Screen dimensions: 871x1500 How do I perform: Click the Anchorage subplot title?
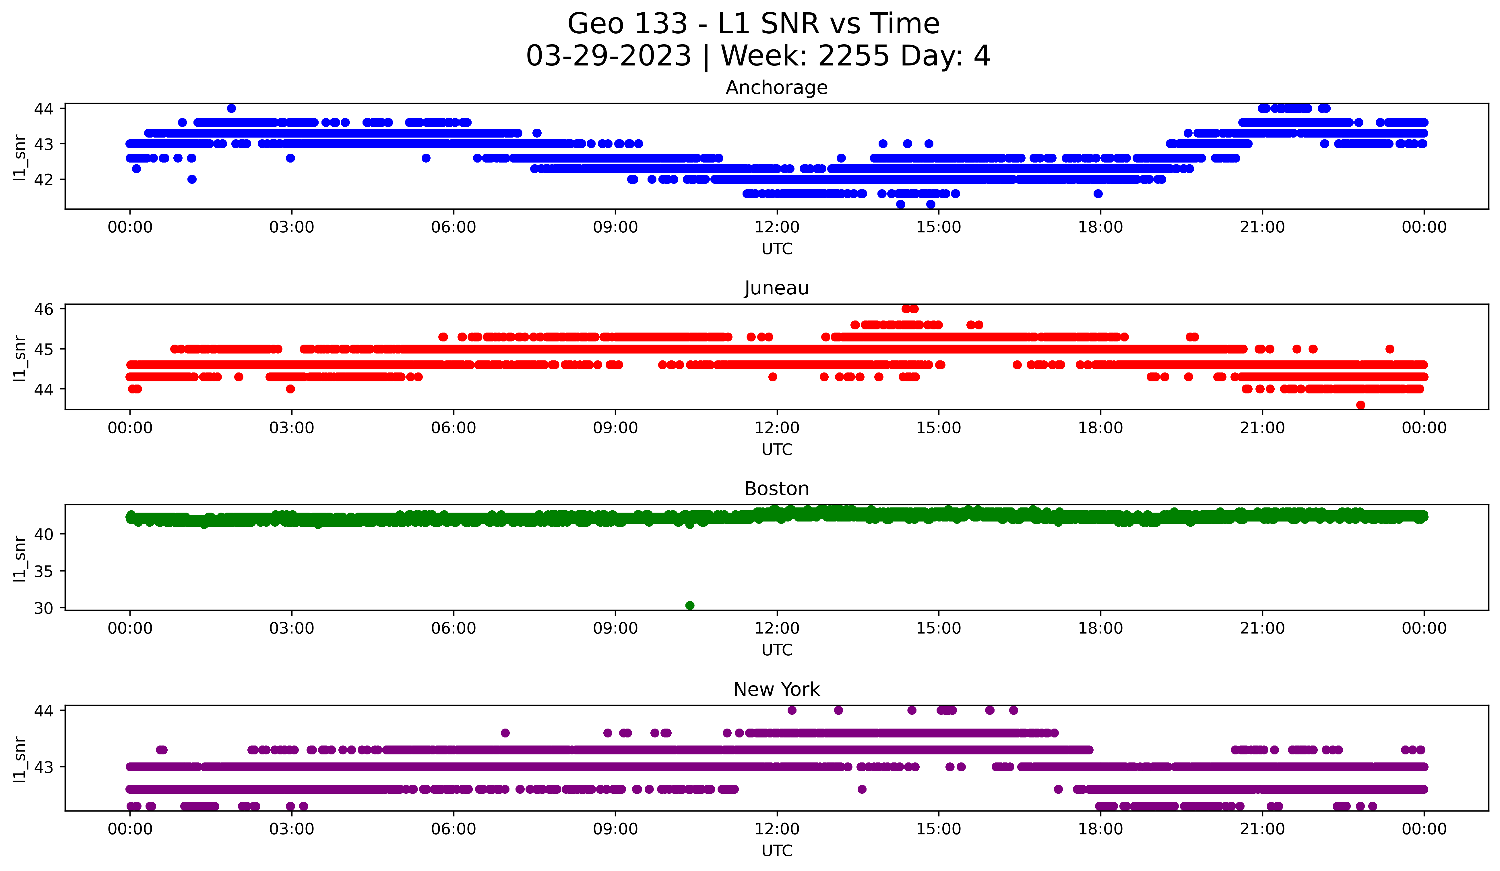pyautogui.click(x=776, y=88)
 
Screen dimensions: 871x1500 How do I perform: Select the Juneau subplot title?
pyautogui.click(x=776, y=288)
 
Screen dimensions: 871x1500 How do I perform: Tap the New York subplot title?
pyautogui.click(x=776, y=690)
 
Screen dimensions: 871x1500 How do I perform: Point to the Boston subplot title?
pyautogui.click(x=776, y=489)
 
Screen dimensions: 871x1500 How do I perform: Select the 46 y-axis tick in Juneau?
pyautogui.click(x=43, y=309)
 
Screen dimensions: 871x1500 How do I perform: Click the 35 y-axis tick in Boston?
pyautogui.click(x=43, y=571)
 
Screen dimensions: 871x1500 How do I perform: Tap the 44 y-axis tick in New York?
pyautogui.click(x=43, y=710)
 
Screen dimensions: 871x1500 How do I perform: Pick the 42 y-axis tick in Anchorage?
pyautogui.click(x=43, y=179)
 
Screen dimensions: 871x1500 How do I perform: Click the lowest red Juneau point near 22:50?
pyautogui.click(x=1360, y=405)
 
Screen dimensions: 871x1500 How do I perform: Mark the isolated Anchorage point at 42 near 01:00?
pyautogui.click(x=192, y=179)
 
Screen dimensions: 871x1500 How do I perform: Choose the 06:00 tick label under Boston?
pyautogui.click(x=454, y=628)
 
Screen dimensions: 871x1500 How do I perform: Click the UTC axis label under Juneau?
pyautogui.click(x=777, y=449)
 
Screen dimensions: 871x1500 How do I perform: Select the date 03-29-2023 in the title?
pyautogui.click(x=608, y=56)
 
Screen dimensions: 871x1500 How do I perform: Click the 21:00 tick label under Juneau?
pyautogui.click(x=1262, y=428)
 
